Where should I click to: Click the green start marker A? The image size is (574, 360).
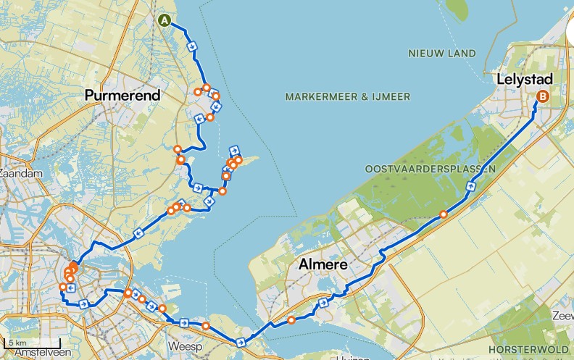click(165, 20)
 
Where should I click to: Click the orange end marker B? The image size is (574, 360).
click(541, 97)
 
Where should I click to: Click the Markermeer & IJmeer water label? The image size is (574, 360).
click(348, 96)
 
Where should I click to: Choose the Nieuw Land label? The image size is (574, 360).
click(442, 53)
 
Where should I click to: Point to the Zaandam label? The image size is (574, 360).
click(21, 174)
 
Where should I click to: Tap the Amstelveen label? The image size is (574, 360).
click(40, 353)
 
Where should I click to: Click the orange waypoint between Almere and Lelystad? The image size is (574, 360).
click(443, 214)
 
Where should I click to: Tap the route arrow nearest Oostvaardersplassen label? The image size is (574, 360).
click(470, 186)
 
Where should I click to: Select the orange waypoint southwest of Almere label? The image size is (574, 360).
click(291, 319)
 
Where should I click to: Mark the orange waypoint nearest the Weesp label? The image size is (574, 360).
click(206, 326)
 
